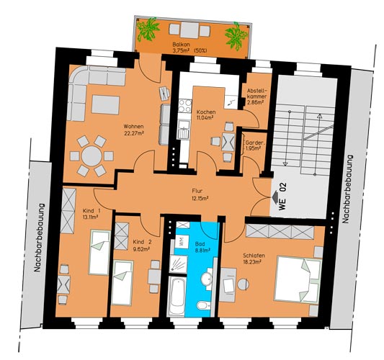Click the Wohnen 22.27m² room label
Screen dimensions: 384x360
coord(133,130)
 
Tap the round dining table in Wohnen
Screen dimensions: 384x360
coord(91,156)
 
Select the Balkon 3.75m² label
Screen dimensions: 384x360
coord(189,48)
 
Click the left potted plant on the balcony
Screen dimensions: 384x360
coord(148,30)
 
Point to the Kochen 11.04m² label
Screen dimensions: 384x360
coord(206,114)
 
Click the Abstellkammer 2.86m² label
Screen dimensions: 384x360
coord(256,96)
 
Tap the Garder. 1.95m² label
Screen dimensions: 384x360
coord(253,145)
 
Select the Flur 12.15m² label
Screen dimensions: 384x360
coord(200,194)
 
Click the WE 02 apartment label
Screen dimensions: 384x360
coord(282,197)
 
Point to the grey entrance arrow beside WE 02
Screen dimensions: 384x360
coord(275,197)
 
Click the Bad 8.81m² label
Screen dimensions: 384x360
coord(203,247)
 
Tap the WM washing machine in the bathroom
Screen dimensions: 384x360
coord(182,242)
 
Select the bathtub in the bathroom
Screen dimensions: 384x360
coord(177,297)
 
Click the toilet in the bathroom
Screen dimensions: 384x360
coord(203,305)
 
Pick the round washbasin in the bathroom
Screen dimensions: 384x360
coord(207,279)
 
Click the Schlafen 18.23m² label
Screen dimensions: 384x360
coord(254,258)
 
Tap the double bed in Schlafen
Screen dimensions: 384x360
coord(298,279)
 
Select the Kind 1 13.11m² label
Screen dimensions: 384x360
coord(91,213)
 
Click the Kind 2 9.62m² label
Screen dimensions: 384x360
coord(142,245)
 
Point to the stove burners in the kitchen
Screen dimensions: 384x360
coord(184,106)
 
